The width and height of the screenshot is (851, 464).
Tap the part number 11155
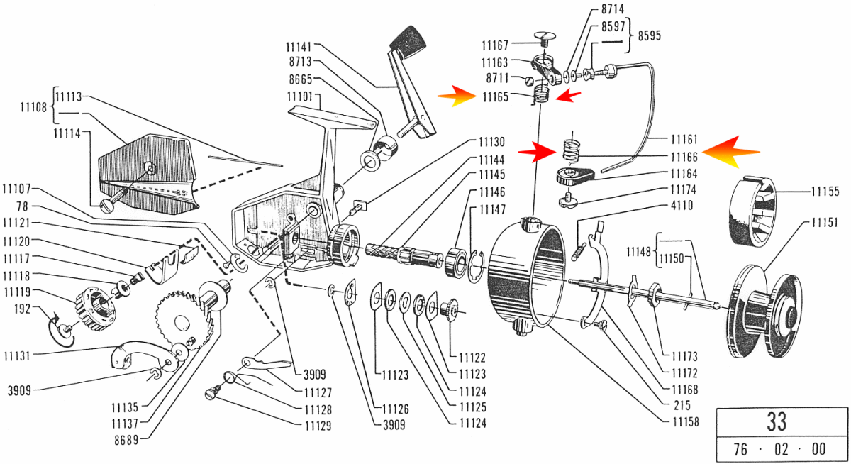[x=825, y=192]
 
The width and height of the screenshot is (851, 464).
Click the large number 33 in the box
[x=777, y=421]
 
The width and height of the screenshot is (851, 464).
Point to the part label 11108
[x=33, y=109]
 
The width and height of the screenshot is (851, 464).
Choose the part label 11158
[x=685, y=421]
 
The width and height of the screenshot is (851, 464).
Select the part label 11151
[x=825, y=222]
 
